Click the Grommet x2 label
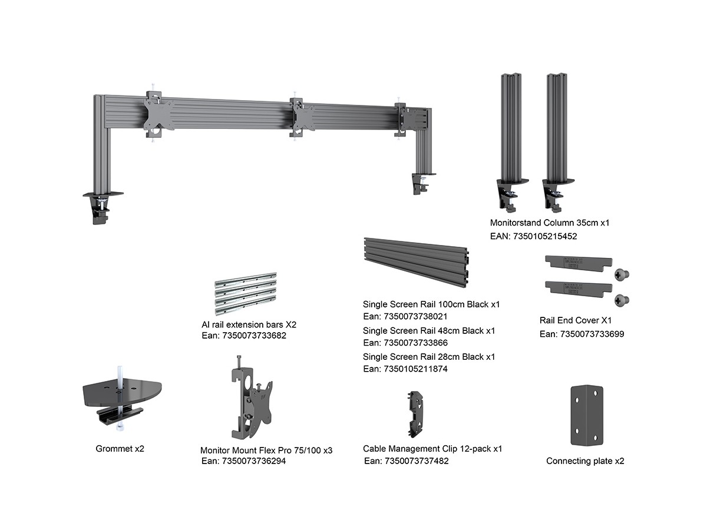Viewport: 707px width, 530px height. click(120, 449)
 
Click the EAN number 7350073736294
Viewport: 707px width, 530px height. click(243, 461)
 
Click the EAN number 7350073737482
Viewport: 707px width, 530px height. click(406, 461)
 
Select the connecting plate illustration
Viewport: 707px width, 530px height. click(586, 415)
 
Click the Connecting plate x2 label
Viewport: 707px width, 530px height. click(585, 461)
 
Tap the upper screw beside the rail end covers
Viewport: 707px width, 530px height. click(620, 274)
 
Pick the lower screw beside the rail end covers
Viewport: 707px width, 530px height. click(620, 300)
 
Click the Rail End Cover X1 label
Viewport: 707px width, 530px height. click(575, 321)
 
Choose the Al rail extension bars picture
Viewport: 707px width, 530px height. click(245, 293)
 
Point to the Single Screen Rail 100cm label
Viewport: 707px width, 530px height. click(431, 304)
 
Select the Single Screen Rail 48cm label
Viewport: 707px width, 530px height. click(429, 331)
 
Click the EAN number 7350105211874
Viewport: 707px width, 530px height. click(405, 369)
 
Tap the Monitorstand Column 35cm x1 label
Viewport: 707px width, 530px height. click(550, 223)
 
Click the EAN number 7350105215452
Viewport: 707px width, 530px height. click(533, 236)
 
